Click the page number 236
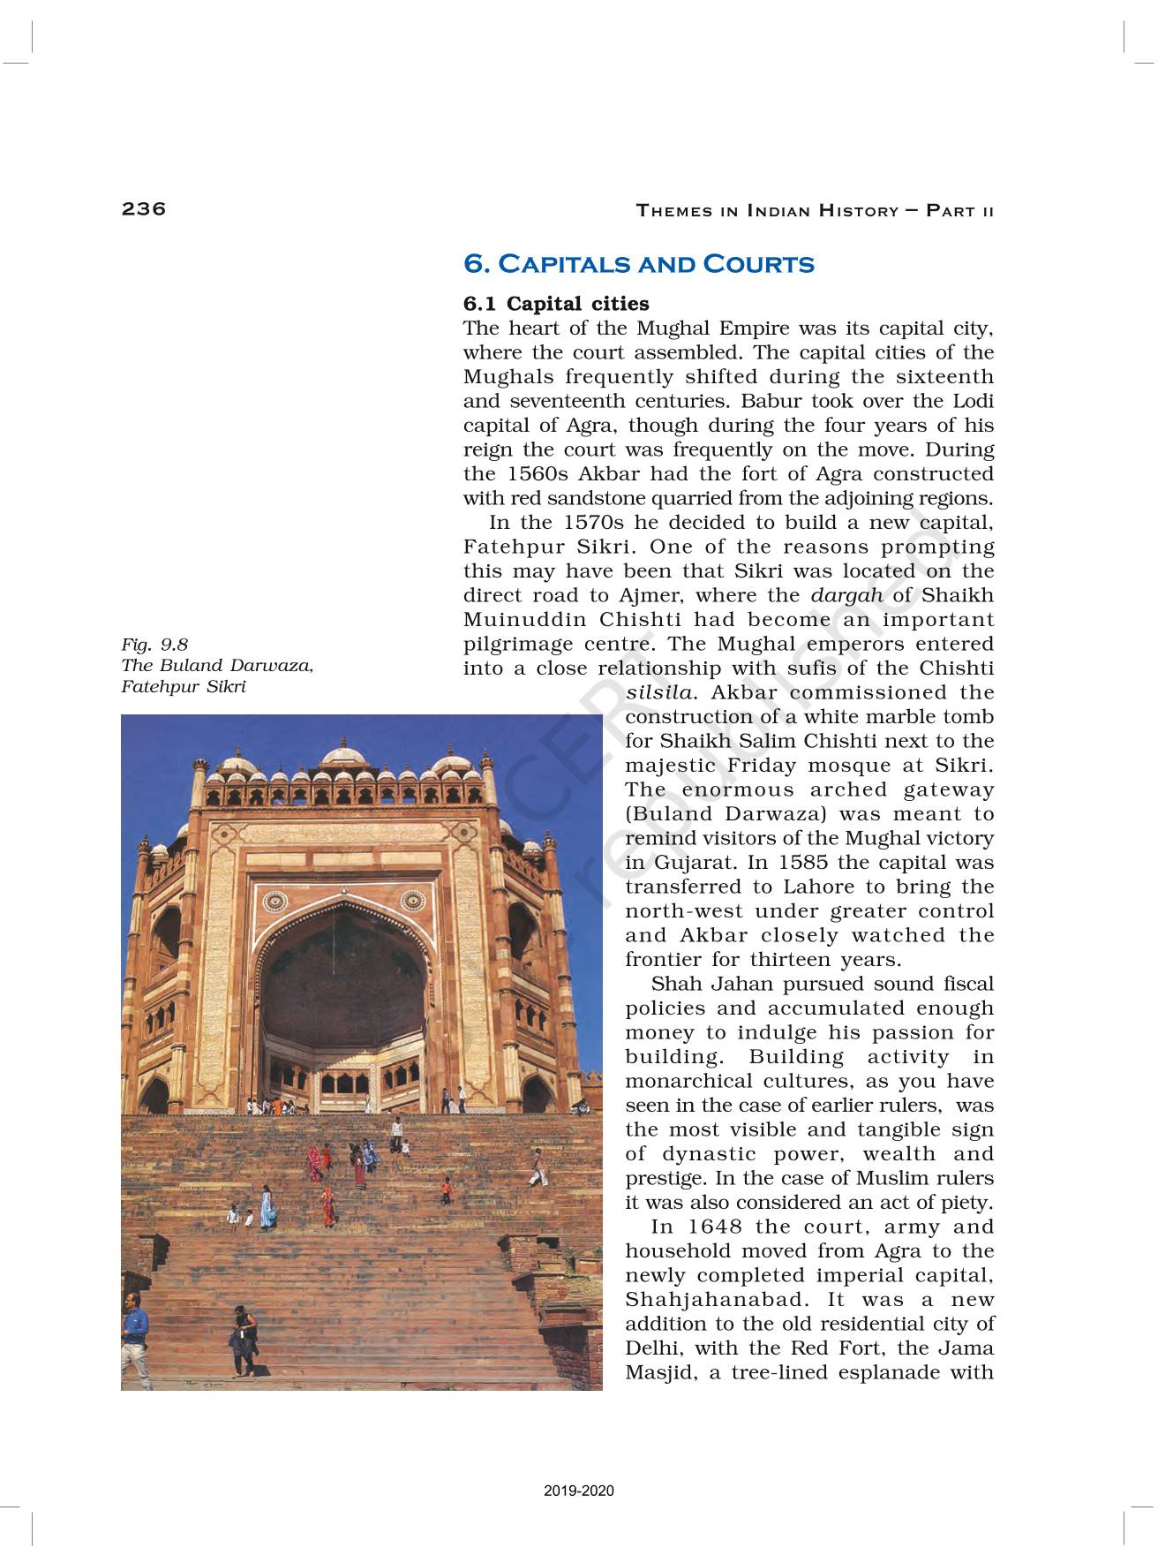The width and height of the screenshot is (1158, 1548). tap(144, 208)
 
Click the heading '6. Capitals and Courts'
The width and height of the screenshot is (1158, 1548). tap(638, 264)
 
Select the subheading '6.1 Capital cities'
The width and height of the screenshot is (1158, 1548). tap(556, 304)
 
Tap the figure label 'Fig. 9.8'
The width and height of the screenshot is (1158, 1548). tap(154, 644)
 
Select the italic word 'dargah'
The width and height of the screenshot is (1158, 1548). tap(846, 595)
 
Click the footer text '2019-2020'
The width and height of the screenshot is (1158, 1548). tap(579, 1491)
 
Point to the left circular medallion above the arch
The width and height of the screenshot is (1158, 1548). tap(275, 901)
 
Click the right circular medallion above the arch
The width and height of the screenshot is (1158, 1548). tap(411, 901)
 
